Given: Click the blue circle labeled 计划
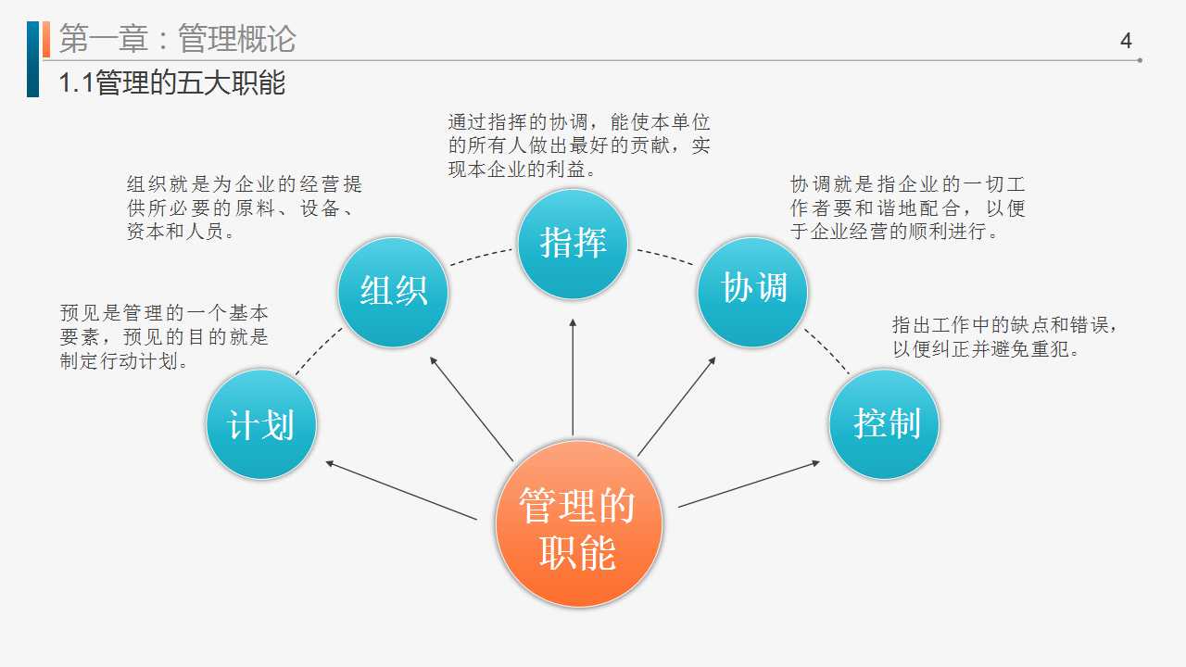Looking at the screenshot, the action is coord(261,424).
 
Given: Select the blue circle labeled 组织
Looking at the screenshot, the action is coord(393,292).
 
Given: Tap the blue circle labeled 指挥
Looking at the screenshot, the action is coord(573,244).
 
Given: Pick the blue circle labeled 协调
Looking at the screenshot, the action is coord(752,292).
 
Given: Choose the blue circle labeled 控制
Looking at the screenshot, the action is coord(884,424).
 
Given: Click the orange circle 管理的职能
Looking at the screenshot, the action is coord(579,523).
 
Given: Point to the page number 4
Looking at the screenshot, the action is coord(1126,41).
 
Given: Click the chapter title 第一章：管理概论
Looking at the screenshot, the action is coord(177,39).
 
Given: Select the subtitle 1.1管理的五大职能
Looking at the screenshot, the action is coord(172,83).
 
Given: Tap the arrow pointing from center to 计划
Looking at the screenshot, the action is coord(401,490).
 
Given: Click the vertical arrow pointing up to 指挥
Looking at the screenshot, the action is coord(573,377).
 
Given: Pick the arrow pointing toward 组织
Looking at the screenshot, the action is coord(472,409).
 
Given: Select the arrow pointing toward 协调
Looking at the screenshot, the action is coord(677,406).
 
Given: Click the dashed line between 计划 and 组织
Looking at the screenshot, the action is coord(319,350).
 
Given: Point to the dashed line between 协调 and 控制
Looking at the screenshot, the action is coord(827,350).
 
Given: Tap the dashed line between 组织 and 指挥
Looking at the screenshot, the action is coord(481,257).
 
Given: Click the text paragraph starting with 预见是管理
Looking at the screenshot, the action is coord(164,336).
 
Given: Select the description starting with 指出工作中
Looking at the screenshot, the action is coord(1004,336).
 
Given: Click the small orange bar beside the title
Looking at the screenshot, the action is coord(46,39).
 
